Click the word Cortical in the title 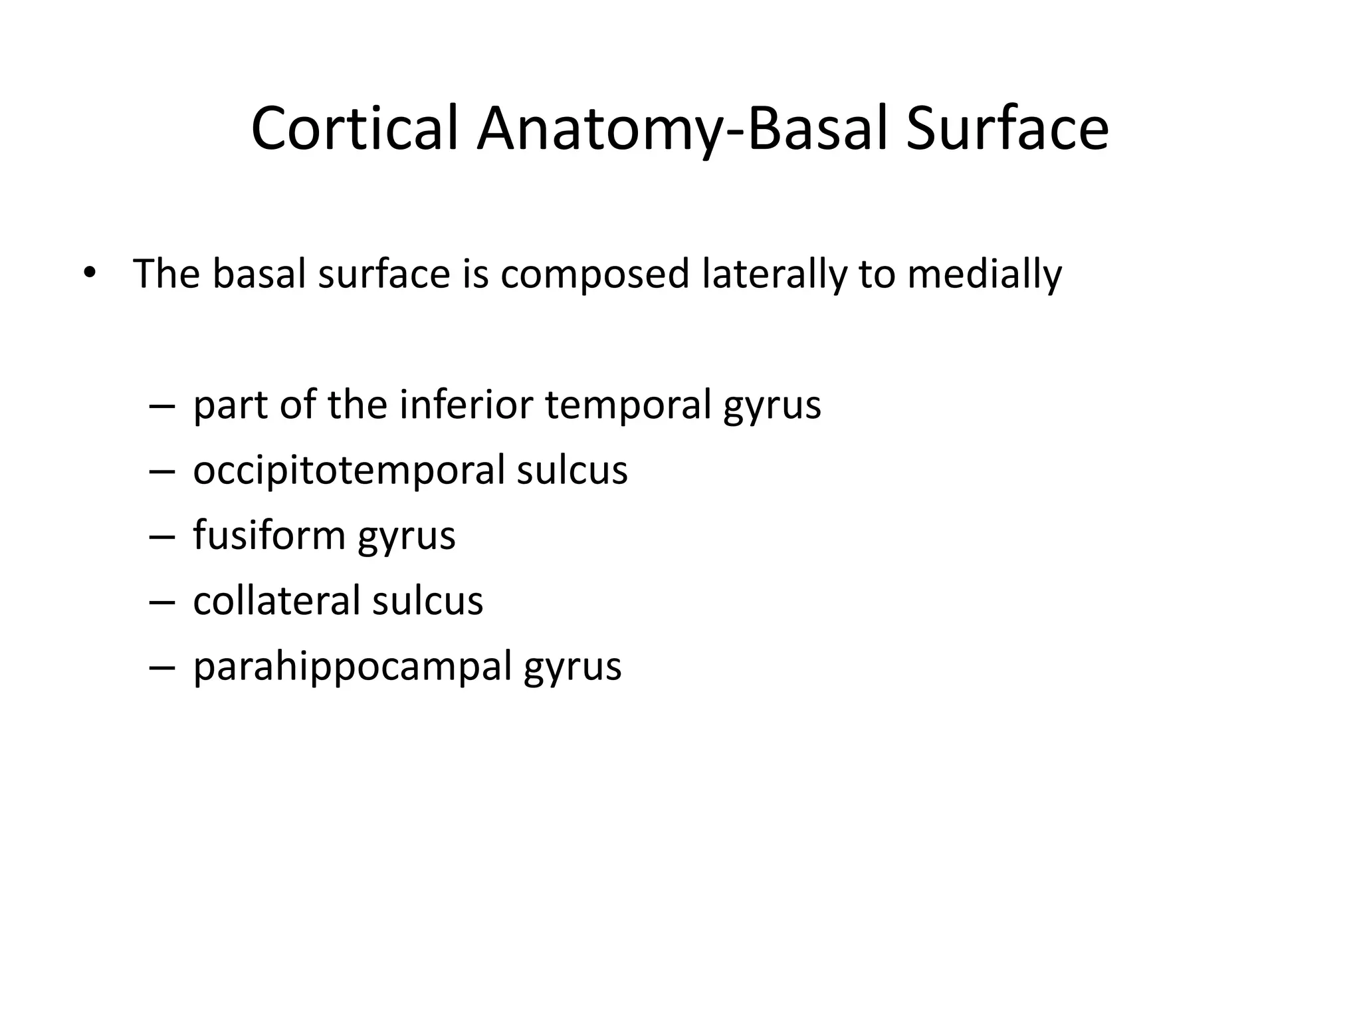click(355, 129)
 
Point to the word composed click(595, 275)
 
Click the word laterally click(774, 275)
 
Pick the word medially click(984, 275)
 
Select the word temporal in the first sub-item click(628, 405)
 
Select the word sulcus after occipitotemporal click(572, 470)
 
